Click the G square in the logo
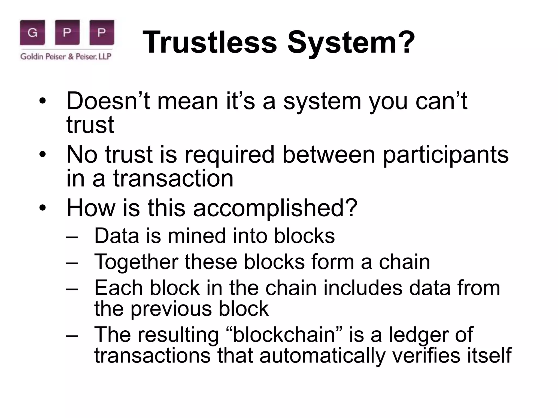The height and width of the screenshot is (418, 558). [32, 32]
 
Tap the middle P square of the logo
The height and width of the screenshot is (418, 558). [67, 32]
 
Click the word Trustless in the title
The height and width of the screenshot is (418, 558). [210, 42]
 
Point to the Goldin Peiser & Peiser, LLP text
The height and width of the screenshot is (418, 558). [66, 57]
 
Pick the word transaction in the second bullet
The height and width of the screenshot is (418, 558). [173, 179]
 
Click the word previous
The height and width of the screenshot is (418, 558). [171, 309]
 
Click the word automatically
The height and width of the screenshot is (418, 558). [322, 355]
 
